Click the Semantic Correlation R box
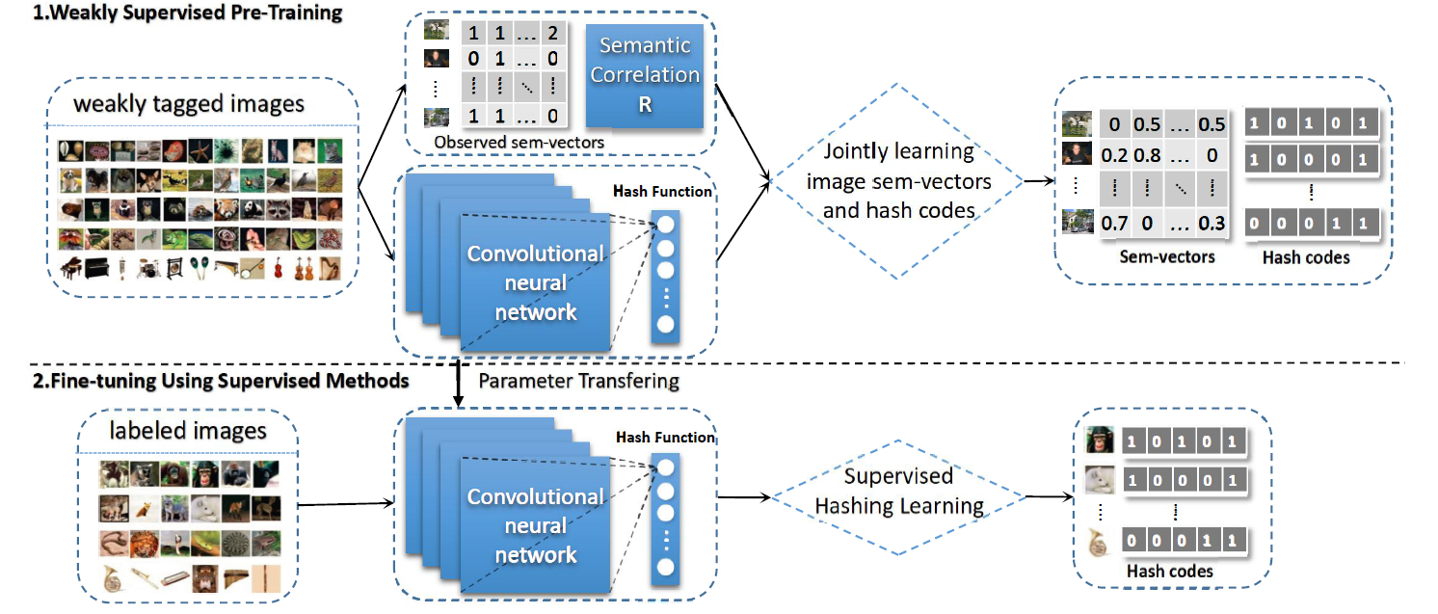point(645,74)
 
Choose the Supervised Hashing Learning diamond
point(898,491)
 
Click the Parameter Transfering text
point(578,381)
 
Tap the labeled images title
point(185,430)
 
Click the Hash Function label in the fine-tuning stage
point(666,438)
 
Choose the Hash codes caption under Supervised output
point(1169,572)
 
